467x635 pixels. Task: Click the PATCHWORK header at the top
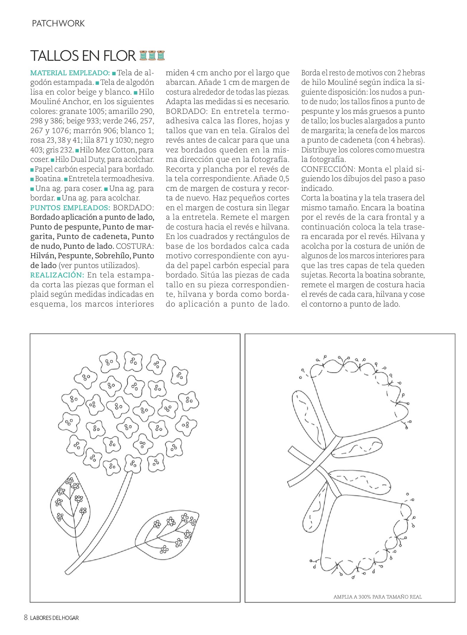point(58,23)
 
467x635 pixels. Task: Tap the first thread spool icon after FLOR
point(143,55)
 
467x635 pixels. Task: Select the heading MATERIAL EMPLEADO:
point(70,73)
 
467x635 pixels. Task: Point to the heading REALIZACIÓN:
point(57,275)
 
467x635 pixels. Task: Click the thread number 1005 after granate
point(97,111)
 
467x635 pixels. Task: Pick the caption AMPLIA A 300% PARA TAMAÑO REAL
point(377,597)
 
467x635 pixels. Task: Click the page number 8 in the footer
point(26,618)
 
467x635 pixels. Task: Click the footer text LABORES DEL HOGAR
point(55,618)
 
